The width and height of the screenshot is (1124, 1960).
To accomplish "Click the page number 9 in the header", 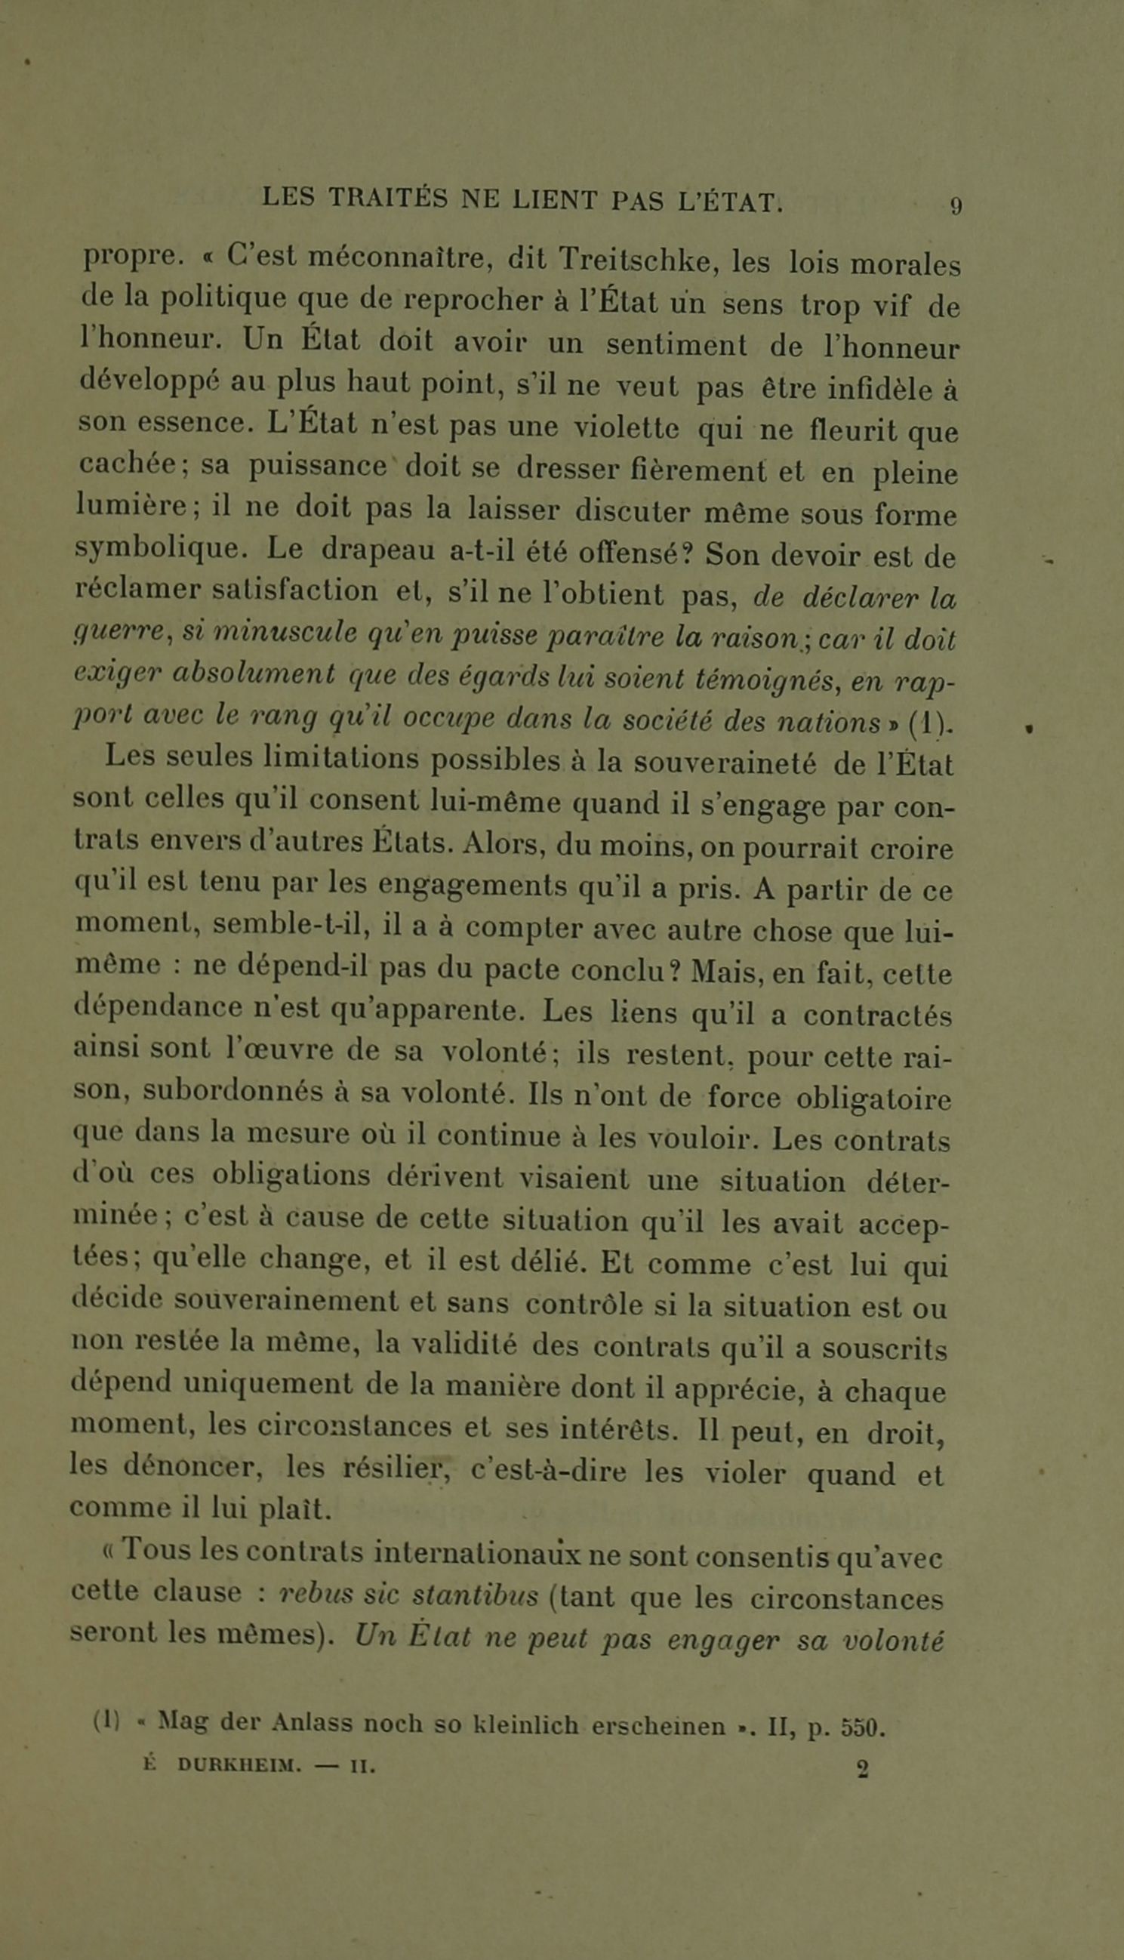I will [956, 206].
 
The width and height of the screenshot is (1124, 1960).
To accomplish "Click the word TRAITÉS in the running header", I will [388, 200].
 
